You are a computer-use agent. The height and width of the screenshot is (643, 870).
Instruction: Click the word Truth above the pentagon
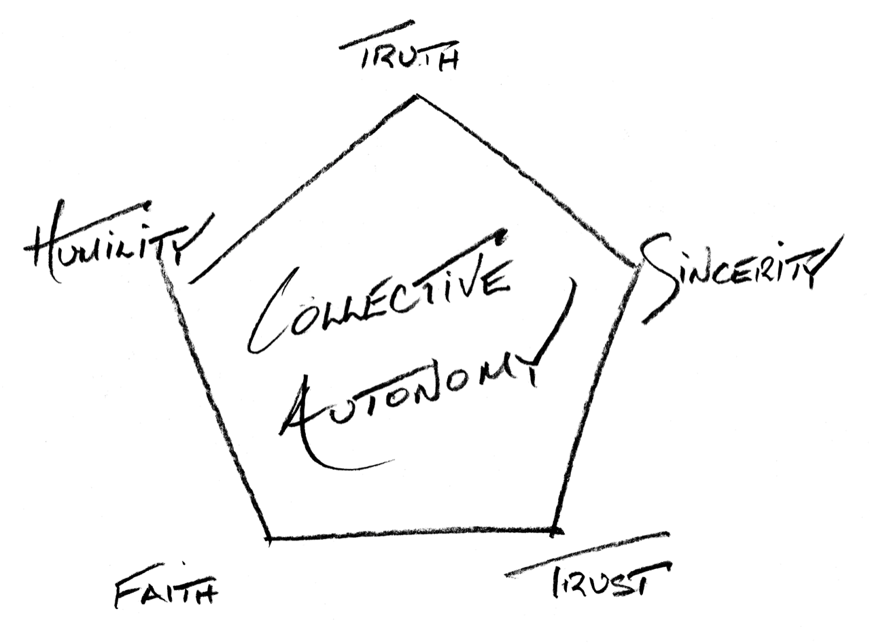point(408,58)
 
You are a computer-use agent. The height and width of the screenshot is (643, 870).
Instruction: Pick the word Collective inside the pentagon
point(381,299)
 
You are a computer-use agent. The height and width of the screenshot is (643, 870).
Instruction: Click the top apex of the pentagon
point(417,97)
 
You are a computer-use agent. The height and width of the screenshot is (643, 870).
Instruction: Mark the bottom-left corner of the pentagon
point(269,539)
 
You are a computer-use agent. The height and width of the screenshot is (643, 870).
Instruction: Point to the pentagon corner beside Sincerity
point(636,266)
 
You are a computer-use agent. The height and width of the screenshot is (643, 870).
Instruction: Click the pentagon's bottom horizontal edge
point(411,534)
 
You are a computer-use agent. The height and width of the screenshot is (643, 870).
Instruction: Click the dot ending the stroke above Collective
point(501,237)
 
